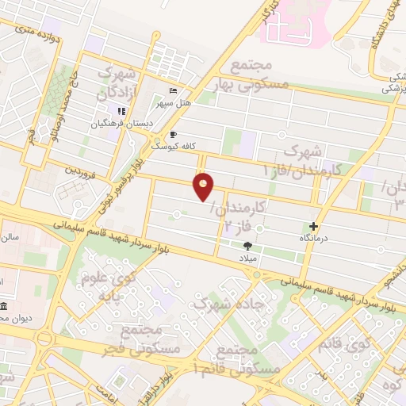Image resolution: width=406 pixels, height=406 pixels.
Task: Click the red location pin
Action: [204, 186]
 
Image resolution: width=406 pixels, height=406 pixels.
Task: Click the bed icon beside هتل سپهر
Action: [174, 91]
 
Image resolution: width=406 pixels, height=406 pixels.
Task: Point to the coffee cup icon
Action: [174, 135]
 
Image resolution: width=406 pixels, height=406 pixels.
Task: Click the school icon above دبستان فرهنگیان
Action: [121, 112]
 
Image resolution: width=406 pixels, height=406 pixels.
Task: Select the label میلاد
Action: [249, 259]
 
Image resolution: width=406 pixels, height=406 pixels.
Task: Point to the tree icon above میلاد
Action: [247, 246]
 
